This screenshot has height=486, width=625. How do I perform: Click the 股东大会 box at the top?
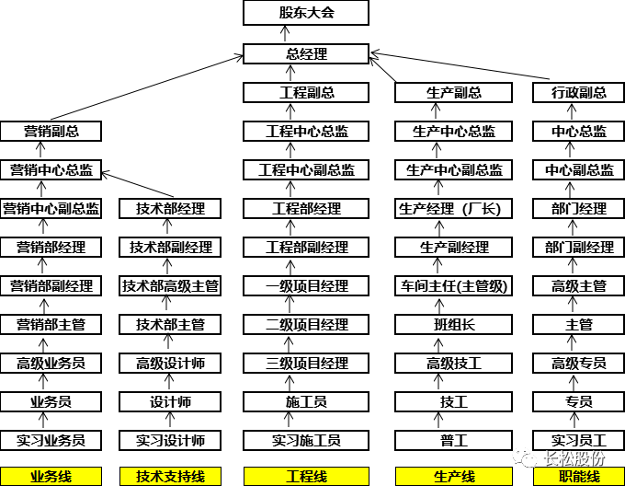coord(306,13)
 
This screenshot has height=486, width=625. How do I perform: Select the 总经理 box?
coord(306,53)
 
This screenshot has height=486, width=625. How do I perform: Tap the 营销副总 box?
coord(51,131)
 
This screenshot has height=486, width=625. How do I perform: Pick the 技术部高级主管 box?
coord(171,286)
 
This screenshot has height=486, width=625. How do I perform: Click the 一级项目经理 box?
coord(306,286)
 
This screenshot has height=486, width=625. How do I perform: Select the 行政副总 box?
coord(579,92)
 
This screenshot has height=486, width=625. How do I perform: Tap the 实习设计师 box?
coord(171,440)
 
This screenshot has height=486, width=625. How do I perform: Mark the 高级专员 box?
coord(579,363)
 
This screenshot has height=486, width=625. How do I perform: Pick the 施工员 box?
coord(306,402)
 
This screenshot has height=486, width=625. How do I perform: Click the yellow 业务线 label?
coord(51,477)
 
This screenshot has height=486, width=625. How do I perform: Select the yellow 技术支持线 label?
coord(171,477)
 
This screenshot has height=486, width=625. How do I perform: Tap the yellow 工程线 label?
coord(306,477)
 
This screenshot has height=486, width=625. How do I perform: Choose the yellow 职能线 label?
coord(579,477)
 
